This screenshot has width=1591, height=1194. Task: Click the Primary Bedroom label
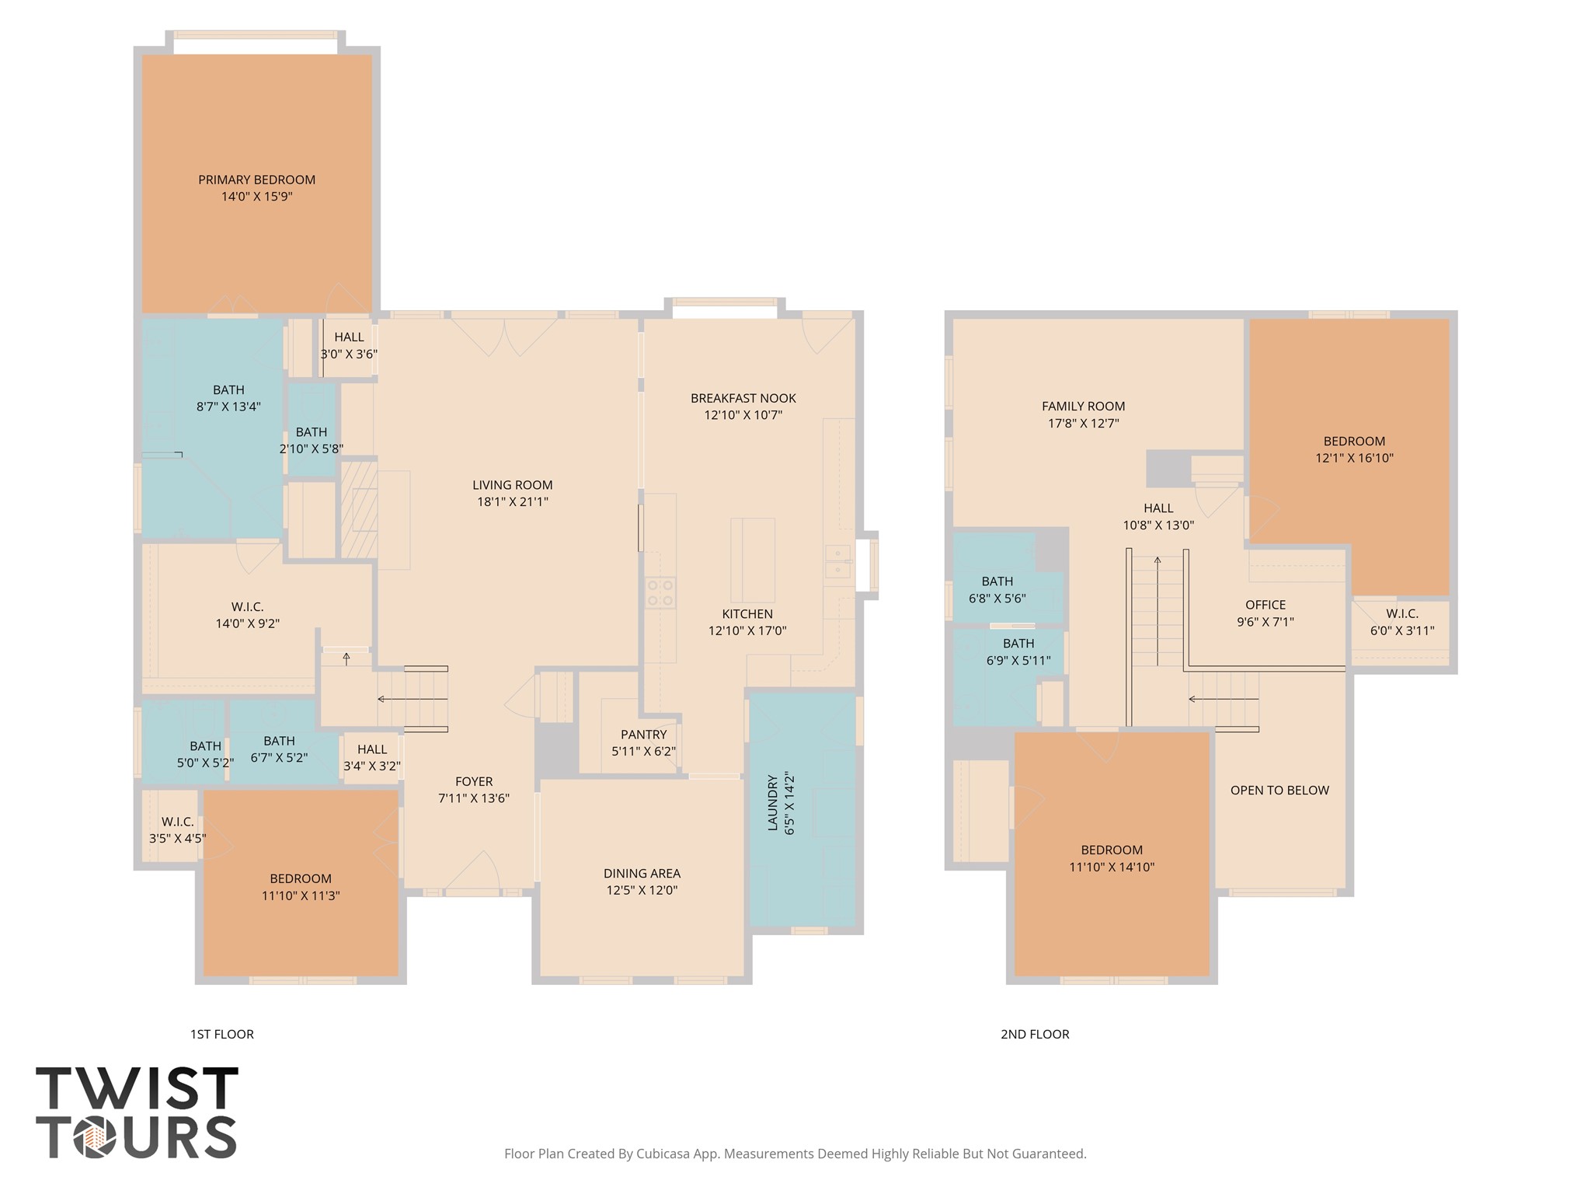click(256, 180)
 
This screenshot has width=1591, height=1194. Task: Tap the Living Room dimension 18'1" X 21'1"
click(513, 502)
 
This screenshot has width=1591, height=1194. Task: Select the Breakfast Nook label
click(743, 398)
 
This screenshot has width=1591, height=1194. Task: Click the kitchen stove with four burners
click(660, 592)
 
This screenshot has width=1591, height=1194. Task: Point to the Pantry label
click(643, 735)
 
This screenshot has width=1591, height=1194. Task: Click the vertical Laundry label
click(773, 802)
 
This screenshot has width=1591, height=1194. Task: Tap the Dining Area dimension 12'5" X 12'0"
click(642, 891)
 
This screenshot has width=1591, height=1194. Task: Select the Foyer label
click(474, 781)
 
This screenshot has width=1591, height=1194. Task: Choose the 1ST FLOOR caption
click(222, 1034)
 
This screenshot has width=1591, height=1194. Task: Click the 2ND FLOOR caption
click(1035, 1034)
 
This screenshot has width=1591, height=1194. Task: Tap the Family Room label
click(1083, 406)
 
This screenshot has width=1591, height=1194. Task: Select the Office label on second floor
click(1265, 605)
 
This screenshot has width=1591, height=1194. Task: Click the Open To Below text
click(1279, 791)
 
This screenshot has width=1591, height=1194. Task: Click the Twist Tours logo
click(137, 1112)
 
